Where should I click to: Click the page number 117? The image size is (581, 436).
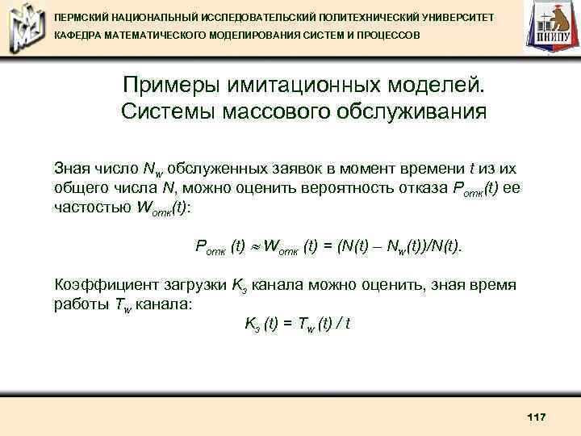[x=536, y=416]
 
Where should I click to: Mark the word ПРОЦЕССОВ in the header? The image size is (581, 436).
[x=389, y=36]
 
